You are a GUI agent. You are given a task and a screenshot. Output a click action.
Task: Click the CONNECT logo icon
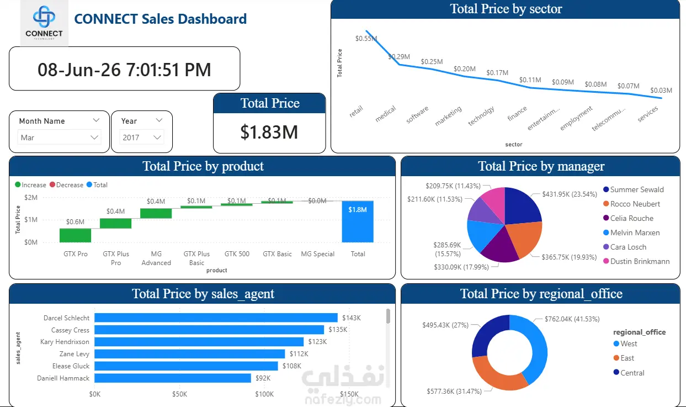point(44,17)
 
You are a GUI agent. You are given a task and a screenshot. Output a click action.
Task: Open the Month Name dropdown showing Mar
point(59,138)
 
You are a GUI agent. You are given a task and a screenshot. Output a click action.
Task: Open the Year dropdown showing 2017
point(141,138)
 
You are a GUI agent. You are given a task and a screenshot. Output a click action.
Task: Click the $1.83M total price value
point(269,132)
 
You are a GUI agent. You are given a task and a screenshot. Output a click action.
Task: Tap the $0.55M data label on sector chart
point(366,38)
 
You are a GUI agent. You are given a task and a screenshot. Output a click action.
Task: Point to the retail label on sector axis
point(356,111)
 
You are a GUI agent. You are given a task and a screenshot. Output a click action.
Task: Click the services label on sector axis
point(647,114)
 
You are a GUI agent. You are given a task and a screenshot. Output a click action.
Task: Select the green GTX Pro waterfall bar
point(76,235)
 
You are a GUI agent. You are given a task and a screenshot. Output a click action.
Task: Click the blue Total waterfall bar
point(358,221)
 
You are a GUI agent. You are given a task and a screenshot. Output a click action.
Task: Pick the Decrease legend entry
point(66,185)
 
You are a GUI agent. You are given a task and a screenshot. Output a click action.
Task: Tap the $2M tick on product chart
point(31,197)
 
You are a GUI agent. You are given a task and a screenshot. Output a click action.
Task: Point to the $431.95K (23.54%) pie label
point(570,194)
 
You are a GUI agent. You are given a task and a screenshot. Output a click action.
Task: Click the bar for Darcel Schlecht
point(216,318)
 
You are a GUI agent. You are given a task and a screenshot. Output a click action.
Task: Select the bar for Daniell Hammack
point(173,378)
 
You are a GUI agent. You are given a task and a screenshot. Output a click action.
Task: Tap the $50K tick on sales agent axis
point(179,394)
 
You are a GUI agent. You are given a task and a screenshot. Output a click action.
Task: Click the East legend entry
point(624,358)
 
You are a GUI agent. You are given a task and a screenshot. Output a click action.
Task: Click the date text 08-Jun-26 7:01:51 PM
point(124,69)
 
